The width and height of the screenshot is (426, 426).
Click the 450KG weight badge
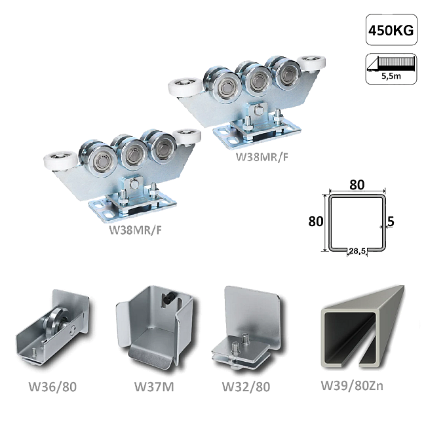click(x=391, y=30)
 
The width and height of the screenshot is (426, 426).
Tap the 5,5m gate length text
click(x=391, y=76)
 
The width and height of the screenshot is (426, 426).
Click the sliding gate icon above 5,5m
click(x=391, y=64)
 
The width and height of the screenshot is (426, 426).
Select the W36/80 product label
click(x=52, y=387)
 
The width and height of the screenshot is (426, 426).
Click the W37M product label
click(x=154, y=387)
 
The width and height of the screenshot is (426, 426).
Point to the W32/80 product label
click(x=246, y=387)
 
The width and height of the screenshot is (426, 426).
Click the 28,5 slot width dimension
click(x=357, y=251)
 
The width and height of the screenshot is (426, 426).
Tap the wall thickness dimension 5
click(x=391, y=222)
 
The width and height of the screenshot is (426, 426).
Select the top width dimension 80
click(x=357, y=185)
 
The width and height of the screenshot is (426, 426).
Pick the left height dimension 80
click(x=316, y=222)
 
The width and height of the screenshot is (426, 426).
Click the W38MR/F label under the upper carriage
click(x=261, y=157)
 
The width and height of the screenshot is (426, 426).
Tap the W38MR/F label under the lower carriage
click(x=135, y=230)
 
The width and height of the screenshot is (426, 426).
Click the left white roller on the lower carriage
click(x=60, y=162)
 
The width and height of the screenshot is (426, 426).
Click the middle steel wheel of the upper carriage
click(x=256, y=79)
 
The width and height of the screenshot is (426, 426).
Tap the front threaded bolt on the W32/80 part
click(x=235, y=348)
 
